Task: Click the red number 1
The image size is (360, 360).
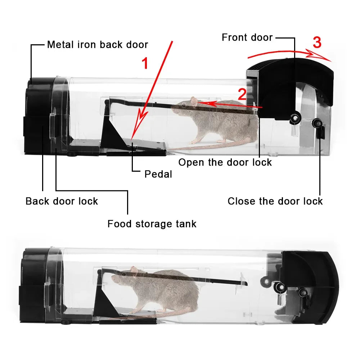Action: coord(145,64)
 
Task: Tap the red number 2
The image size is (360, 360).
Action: coord(242,94)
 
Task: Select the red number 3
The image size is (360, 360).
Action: coord(317,43)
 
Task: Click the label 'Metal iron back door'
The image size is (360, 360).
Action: coord(98,45)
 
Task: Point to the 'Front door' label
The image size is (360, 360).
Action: coord(247,37)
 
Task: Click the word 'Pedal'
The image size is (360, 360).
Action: coord(158,174)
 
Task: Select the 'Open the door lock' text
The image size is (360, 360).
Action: coord(225,162)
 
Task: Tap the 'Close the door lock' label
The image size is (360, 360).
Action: coord(275,201)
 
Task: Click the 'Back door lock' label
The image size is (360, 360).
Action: coord(62,201)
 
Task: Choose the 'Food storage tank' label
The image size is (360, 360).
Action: coord(152,224)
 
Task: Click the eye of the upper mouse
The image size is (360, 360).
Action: coord(184,105)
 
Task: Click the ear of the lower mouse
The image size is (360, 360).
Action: coord(134,270)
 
